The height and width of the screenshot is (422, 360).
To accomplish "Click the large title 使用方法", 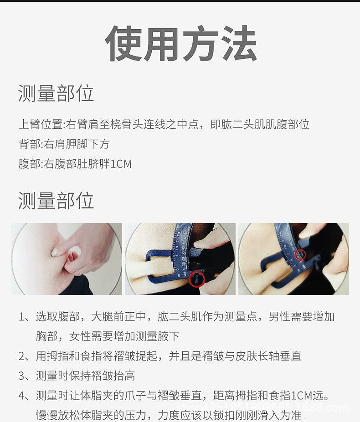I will (181, 44).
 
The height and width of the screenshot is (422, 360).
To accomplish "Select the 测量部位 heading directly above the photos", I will (56, 200).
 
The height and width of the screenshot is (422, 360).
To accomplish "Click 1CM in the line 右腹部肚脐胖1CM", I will (121, 164).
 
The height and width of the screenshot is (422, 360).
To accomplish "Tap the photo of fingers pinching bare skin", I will (67, 259).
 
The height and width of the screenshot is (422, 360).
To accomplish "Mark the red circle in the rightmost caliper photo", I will (299, 254).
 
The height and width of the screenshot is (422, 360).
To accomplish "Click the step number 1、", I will (25, 317).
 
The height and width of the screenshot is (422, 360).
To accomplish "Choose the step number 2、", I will (25, 356).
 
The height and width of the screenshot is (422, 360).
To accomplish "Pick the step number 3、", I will (25, 376).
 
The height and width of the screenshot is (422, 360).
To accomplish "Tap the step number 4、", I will (25, 395).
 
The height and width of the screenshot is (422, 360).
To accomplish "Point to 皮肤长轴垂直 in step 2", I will (268, 356).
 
